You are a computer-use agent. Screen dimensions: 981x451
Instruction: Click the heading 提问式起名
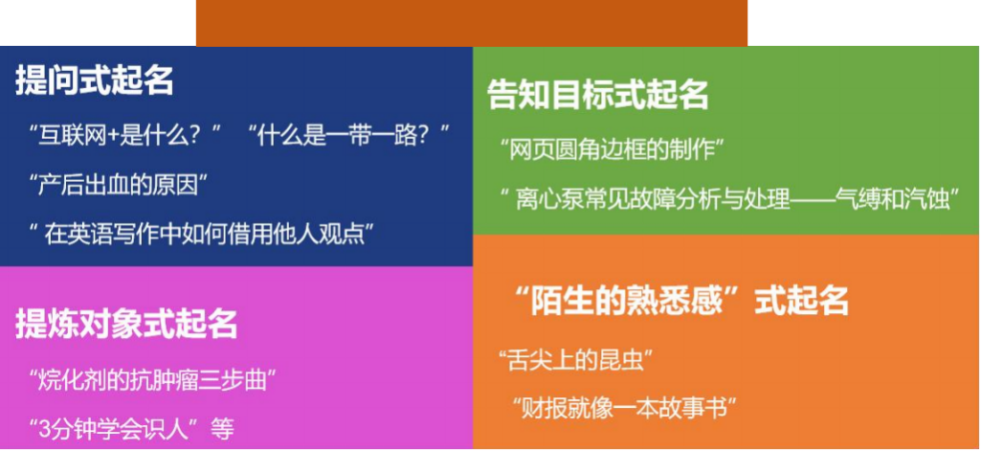[94, 80]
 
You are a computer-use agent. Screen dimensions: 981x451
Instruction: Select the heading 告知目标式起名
[598, 96]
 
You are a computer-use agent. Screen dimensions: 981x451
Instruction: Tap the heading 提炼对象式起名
[126, 324]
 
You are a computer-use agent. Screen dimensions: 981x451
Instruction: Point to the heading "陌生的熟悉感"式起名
[679, 301]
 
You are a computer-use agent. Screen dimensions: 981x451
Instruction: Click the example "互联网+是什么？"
[125, 135]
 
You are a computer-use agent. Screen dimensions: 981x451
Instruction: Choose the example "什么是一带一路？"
[349, 135]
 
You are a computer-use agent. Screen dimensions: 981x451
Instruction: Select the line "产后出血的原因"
[119, 185]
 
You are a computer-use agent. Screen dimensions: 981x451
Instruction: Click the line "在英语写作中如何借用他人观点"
[201, 236]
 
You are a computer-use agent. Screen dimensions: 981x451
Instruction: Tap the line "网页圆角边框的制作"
[613, 150]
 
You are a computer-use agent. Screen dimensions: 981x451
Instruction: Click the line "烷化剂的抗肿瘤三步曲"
[153, 380]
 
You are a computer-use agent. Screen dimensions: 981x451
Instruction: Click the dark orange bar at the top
[472, 23]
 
